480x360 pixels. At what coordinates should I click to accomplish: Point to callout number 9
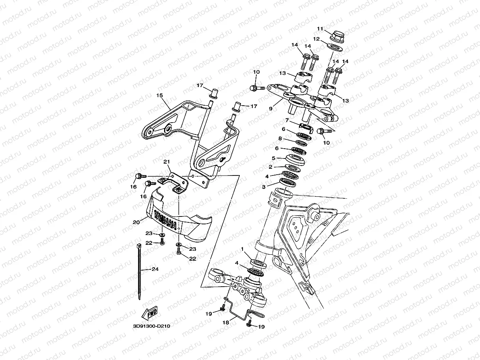tap(271, 108)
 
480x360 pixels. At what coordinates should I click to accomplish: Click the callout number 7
tap(287, 120)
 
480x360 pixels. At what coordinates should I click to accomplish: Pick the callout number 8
tap(280, 138)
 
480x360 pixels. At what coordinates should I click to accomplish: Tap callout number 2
tap(271, 167)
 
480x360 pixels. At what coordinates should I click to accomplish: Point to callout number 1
tap(243, 249)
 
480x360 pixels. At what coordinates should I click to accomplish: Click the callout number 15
tap(159, 95)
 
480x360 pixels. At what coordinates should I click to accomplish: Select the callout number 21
tap(166, 162)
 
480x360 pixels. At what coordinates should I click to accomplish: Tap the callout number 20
tap(136, 222)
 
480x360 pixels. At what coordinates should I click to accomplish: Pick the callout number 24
tap(155, 270)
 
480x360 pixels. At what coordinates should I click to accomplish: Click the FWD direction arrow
tap(149, 313)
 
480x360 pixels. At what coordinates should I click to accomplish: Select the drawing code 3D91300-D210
tap(151, 326)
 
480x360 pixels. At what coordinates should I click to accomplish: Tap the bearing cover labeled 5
tap(295, 160)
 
